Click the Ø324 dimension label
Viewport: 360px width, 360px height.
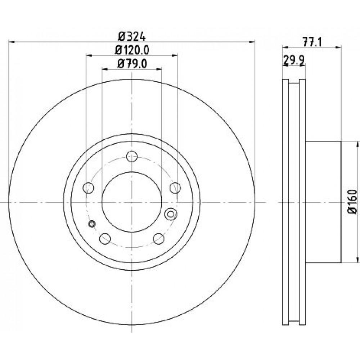tap(132, 36)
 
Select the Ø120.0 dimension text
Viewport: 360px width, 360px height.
tap(132, 50)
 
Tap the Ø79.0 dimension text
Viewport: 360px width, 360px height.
tap(132, 64)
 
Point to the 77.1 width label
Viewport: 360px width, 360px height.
tap(312, 42)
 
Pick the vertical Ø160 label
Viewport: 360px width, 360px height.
tap(353, 202)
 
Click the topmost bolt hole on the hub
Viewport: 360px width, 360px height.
tap(132, 157)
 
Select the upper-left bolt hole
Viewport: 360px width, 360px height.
tap(89, 188)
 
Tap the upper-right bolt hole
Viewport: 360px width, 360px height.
tap(175, 188)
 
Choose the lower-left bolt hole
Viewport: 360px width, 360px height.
tap(105, 239)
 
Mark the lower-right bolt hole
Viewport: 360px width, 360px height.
tap(159, 239)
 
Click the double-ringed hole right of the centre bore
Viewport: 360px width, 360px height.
tap(171, 214)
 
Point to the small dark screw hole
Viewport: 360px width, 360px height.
tap(92, 224)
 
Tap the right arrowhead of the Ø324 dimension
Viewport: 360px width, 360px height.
tap(252, 42)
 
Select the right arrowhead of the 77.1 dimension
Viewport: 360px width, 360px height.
tap(338, 47)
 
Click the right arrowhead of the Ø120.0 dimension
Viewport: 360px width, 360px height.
tap(175, 55)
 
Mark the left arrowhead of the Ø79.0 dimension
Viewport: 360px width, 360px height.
tap(105, 69)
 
